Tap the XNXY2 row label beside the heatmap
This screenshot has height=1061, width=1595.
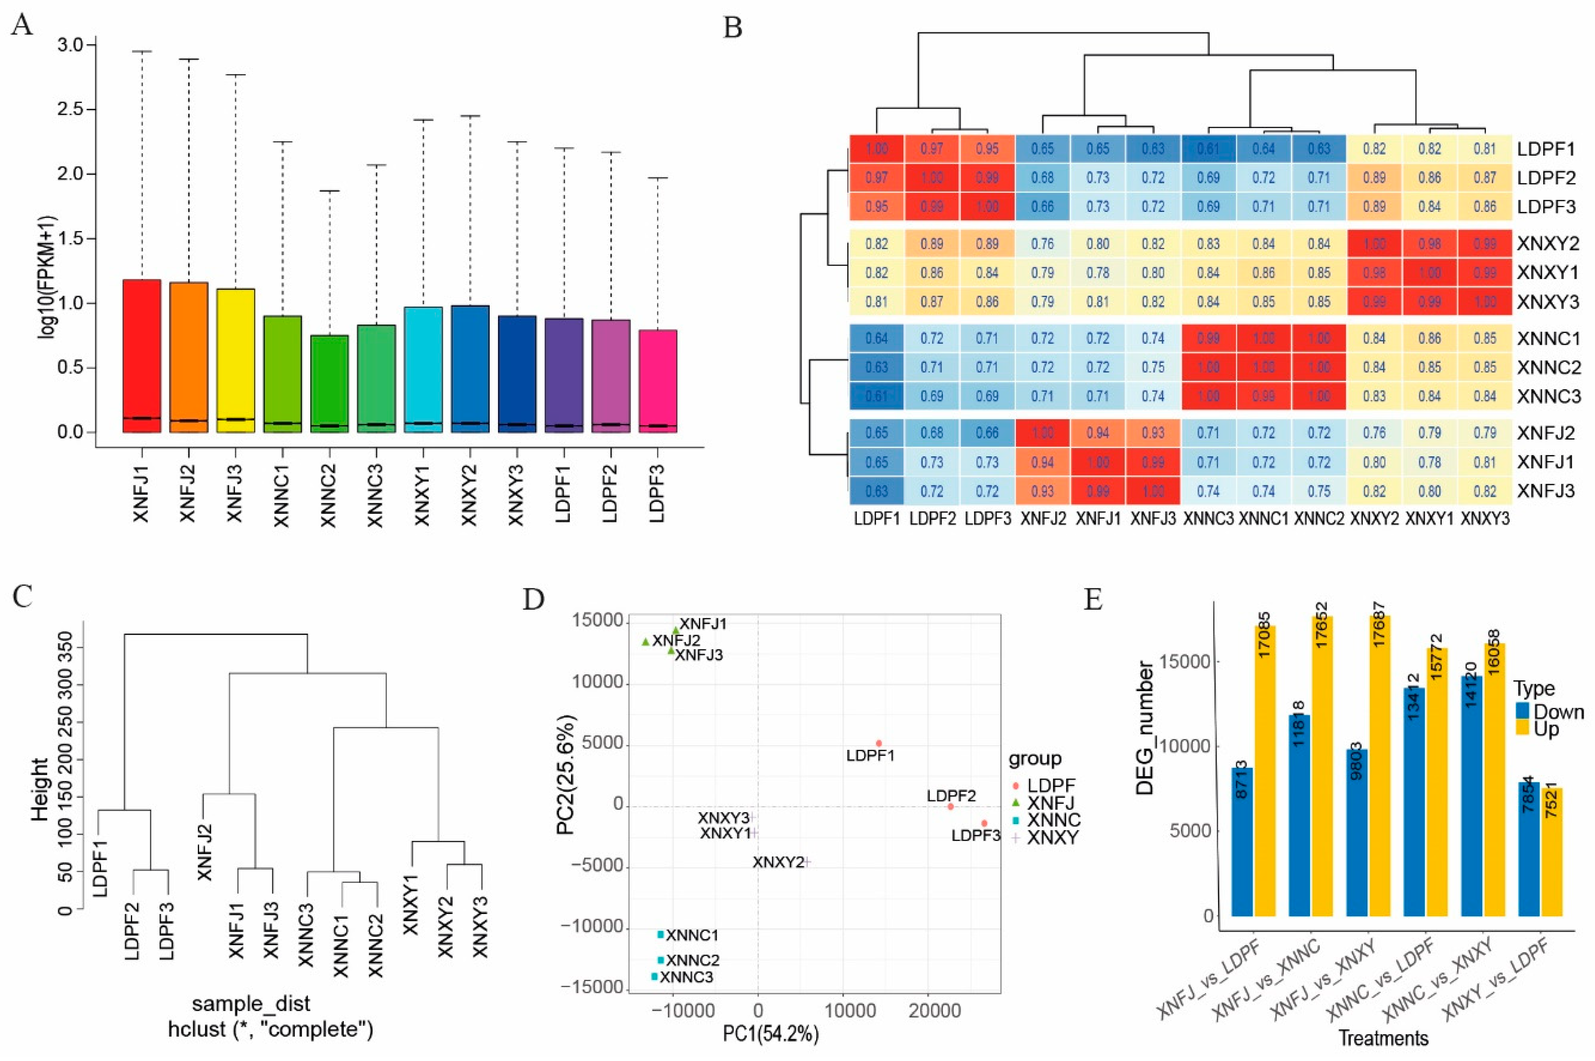point(1547,244)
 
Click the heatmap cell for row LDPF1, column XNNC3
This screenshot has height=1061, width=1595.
point(1208,149)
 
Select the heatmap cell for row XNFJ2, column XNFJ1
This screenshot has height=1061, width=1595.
point(1097,433)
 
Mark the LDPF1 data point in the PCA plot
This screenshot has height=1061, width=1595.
point(878,743)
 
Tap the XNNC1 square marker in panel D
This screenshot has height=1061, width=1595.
point(660,935)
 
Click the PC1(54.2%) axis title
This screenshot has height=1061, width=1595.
point(771,1034)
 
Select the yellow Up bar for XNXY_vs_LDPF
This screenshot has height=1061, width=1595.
point(1552,853)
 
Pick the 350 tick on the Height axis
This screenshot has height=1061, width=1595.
point(65,648)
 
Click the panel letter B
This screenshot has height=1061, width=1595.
point(733,29)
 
